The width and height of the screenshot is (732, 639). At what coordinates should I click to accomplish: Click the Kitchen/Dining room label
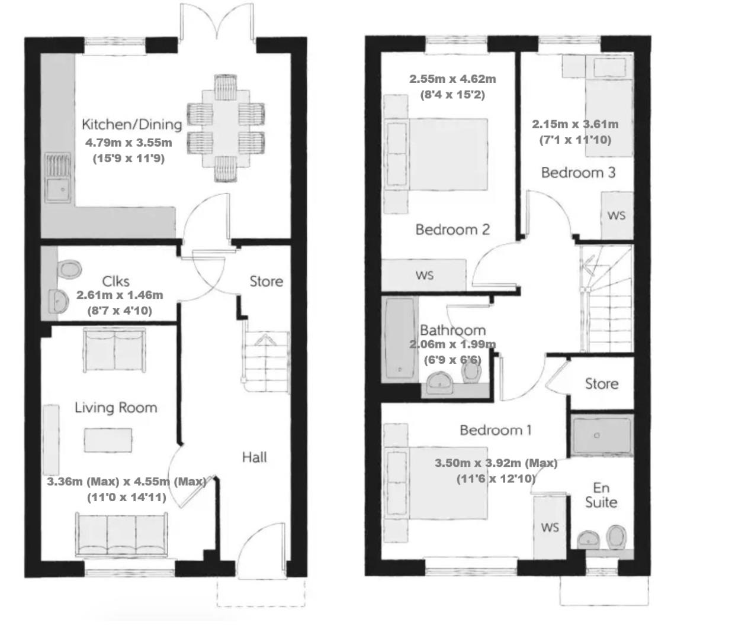131,124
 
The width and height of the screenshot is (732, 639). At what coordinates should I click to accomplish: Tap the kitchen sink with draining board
57,177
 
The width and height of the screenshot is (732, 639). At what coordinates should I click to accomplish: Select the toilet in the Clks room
69,269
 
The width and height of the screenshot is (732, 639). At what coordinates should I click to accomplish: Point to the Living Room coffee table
108,440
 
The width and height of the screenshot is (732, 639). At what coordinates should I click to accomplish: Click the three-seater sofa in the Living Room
121,535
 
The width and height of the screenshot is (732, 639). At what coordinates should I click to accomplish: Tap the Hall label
255,457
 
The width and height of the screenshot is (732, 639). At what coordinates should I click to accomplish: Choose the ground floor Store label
266,282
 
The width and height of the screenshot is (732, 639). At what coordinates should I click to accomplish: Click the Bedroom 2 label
452,230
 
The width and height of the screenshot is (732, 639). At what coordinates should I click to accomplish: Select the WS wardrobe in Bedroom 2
424,275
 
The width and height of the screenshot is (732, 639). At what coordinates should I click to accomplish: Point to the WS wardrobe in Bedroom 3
617,215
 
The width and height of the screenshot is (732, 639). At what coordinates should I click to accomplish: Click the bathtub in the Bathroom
400,339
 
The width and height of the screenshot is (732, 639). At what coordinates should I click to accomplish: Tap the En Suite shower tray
602,435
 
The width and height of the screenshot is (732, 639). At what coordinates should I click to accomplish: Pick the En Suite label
601,495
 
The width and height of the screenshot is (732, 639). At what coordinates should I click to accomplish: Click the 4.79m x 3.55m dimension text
129,143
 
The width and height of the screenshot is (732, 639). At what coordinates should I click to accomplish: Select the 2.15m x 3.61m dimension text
575,124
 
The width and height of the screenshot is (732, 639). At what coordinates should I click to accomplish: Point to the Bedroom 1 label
496,430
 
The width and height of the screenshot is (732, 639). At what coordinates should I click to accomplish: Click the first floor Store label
602,384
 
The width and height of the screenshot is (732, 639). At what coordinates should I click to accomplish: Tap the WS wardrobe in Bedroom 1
550,527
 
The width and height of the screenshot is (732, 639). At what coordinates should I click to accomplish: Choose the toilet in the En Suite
617,537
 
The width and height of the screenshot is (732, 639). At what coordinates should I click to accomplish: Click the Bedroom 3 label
578,173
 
